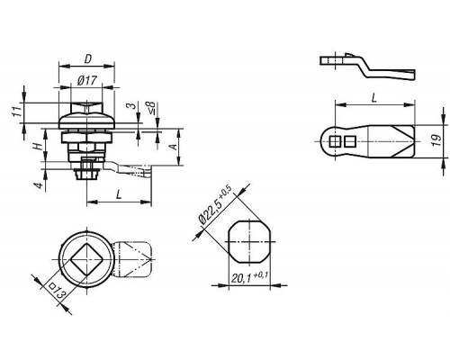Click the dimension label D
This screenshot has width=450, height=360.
[x=87, y=59]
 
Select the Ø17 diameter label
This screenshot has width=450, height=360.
[x=87, y=80]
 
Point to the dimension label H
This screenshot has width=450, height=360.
[x=37, y=147]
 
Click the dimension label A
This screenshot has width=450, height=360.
[x=173, y=147]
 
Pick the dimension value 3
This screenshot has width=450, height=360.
[x=130, y=106]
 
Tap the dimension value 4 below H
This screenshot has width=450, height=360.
[x=39, y=185]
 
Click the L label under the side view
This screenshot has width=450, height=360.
[x=119, y=194]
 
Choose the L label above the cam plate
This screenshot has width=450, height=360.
[x=373, y=97]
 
